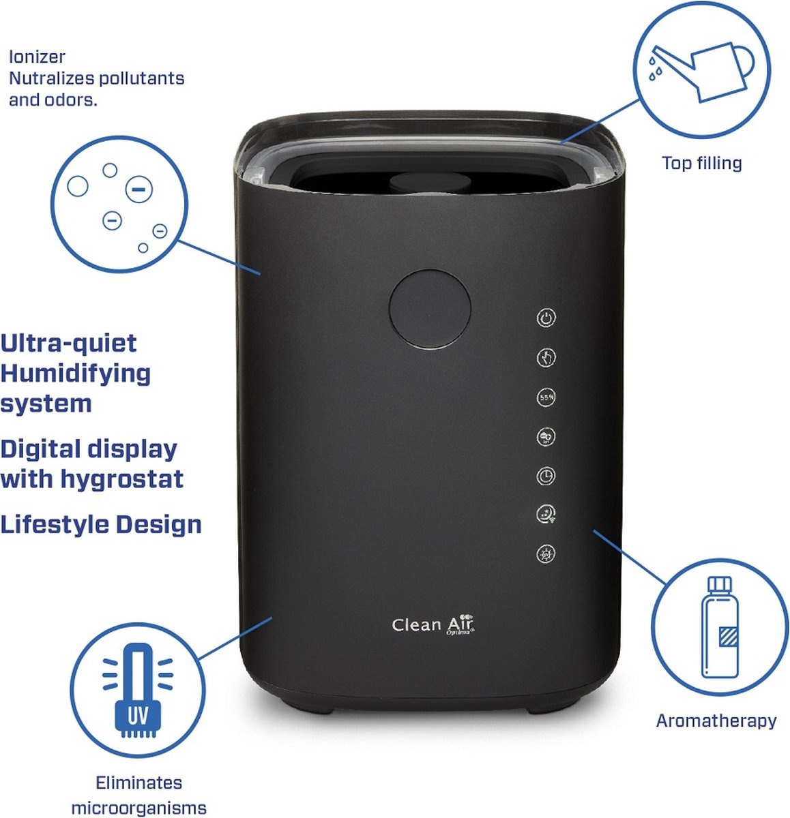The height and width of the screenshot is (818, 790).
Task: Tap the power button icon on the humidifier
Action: click(x=546, y=318)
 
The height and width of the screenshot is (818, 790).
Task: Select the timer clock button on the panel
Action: click(x=546, y=476)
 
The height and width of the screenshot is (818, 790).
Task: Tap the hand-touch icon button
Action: click(x=546, y=357)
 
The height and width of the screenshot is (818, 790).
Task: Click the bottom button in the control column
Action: click(x=546, y=554)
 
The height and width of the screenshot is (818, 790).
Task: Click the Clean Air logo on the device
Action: click(x=433, y=625)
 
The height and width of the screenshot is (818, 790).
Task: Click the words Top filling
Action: click(x=701, y=164)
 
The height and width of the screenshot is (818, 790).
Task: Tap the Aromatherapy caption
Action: click(x=716, y=721)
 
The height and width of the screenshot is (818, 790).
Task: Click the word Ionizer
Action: click(x=37, y=57)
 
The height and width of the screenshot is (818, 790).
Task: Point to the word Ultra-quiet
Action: click(x=69, y=343)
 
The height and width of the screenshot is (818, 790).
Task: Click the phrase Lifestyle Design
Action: click(x=101, y=525)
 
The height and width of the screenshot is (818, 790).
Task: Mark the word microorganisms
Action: click(x=138, y=808)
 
